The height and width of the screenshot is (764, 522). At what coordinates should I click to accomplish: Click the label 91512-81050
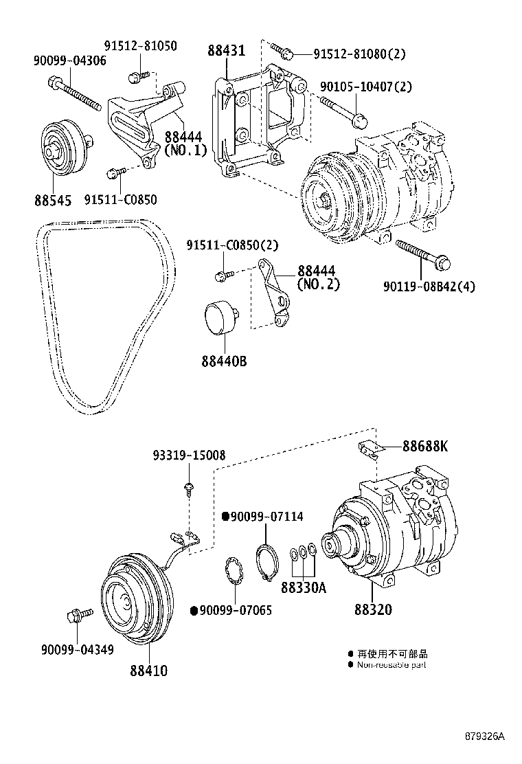point(140,47)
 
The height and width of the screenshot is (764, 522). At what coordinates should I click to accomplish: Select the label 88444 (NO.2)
point(318,277)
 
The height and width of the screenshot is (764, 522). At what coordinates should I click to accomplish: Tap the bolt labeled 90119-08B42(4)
point(422,254)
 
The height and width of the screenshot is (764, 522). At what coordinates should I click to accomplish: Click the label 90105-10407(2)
point(366,87)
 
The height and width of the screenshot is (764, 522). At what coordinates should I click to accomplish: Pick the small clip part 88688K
point(370,447)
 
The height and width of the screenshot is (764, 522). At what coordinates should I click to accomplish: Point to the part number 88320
point(373,609)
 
